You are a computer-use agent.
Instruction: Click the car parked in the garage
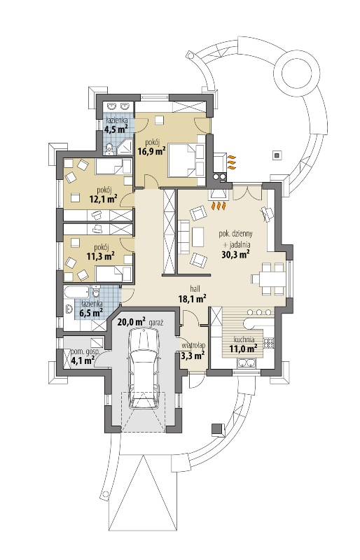tap(144, 369)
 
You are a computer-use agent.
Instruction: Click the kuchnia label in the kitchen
tap(244, 339)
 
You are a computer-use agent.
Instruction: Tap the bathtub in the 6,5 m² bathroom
tap(77, 291)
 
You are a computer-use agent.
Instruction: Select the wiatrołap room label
tap(193, 345)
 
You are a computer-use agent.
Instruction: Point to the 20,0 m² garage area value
tap(131, 322)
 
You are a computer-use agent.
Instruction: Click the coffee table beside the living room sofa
tap(198, 237)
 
